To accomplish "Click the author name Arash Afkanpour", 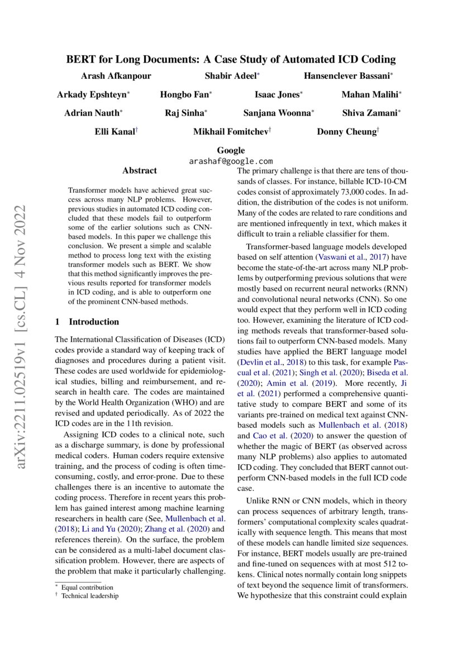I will [116, 75].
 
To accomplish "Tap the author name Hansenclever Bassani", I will [346, 75].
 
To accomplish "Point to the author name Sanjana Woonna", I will [277, 113].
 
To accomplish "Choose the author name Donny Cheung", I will [346, 132].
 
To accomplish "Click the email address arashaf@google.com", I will [231, 160].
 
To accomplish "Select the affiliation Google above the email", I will [231, 150].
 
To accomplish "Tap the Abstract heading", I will [140, 170].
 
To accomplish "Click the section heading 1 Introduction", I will [87, 322].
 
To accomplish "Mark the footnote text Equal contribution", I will [87, 587].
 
